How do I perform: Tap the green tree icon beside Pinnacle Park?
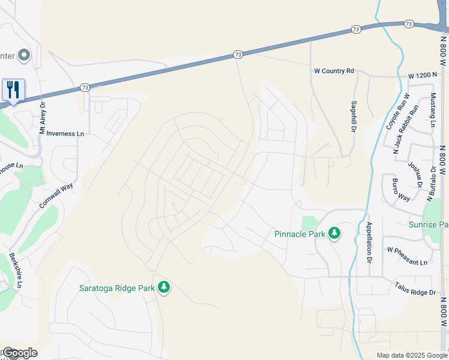coord(334,233)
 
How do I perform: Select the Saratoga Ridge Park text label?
coord(117,287)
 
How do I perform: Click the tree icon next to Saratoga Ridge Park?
coord(164,287)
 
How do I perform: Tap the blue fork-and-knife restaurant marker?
coord(13,90)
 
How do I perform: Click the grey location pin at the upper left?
coord(24,56)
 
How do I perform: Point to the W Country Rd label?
coord(334,71)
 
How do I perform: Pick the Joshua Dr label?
coord(414,174)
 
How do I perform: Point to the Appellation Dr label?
coord(368,243)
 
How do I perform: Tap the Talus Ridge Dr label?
coord(414,289)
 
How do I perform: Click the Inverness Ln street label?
coord(65,133)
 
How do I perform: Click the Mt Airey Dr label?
coord(42,120)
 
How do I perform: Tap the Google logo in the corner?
coord(19,353)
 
